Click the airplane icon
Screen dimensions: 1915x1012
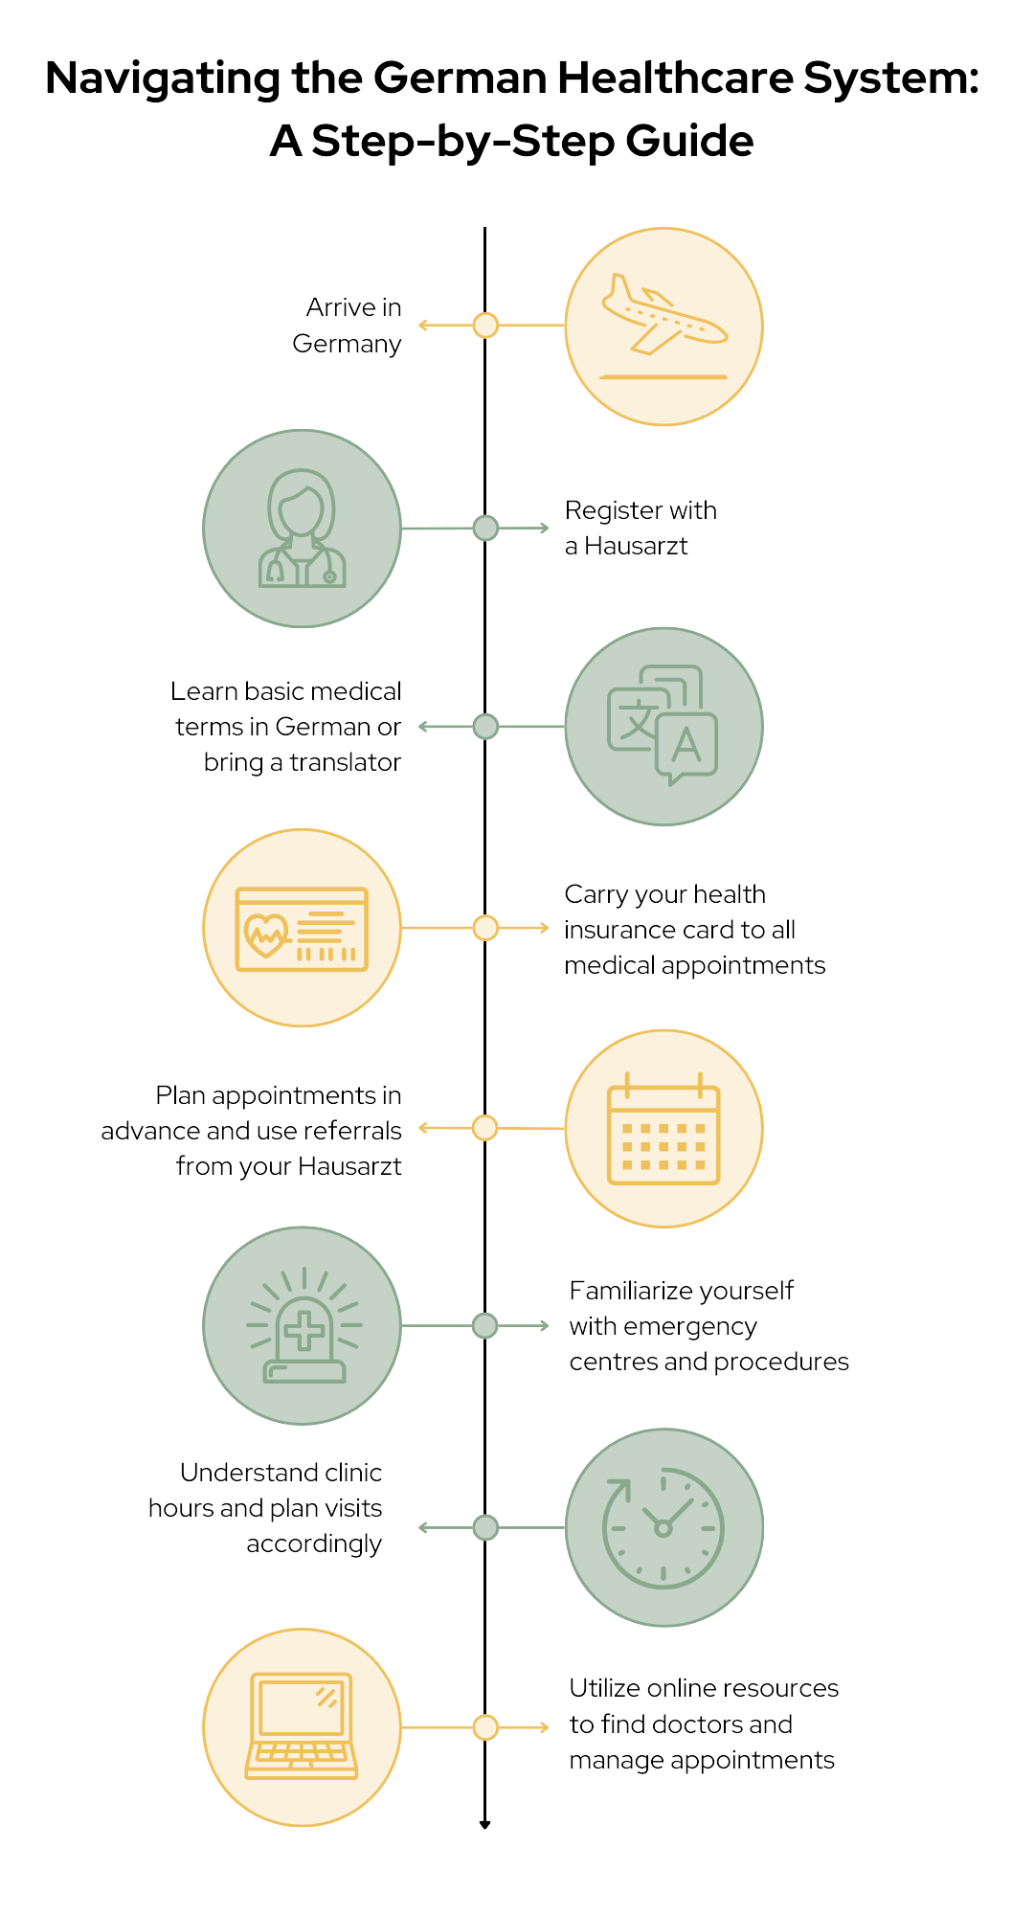click(663, 317)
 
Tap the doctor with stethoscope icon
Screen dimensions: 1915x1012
click(302, 529)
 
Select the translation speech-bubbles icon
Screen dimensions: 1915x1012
click(663, 726)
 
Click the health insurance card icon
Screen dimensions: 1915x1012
click(302, 929)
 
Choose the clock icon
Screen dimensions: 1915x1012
click(663, 1527)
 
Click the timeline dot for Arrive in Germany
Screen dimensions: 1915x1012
click(485, 326)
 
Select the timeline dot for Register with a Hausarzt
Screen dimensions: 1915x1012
click(485, 528)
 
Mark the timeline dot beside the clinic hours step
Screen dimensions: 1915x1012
click(485, 1527)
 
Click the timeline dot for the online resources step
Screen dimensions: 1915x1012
click(485, 1727)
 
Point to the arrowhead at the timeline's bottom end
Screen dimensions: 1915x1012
click(484, 1824)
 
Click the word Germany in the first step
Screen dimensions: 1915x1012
click(347, 344)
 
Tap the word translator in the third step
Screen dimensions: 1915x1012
click(345, 762)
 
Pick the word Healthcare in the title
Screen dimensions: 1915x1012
click(676, 78)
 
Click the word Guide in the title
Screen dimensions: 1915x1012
click(689, 141)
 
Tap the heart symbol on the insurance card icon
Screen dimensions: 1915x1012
click(266, 935)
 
